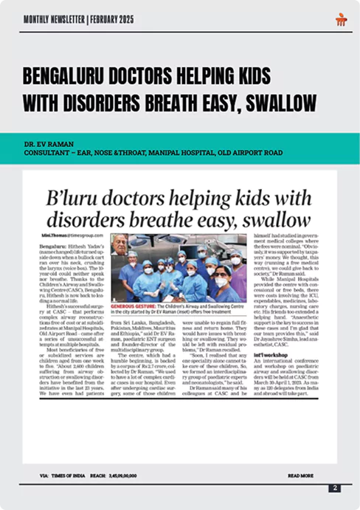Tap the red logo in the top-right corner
(340, 18)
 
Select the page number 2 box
(335, 487)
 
